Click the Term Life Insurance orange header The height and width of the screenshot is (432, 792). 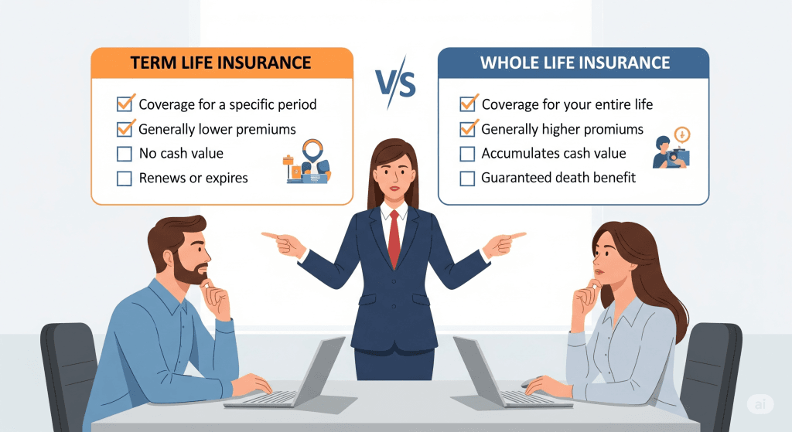coord(222,62)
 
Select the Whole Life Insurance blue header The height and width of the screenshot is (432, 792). coord(573,62)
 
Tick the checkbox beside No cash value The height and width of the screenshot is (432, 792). coord(124,154)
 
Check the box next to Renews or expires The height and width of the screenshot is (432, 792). coord(124,179)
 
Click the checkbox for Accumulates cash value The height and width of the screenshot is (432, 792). coord(467,154)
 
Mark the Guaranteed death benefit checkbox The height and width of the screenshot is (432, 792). coord(467,179)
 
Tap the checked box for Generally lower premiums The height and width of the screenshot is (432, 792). coord(124,129)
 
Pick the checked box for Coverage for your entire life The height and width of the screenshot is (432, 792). coord(467,104)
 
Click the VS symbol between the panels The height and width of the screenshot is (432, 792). coord(395,83)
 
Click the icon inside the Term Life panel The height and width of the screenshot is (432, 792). coord(309,162)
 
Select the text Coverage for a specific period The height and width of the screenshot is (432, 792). coord(227,104)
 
